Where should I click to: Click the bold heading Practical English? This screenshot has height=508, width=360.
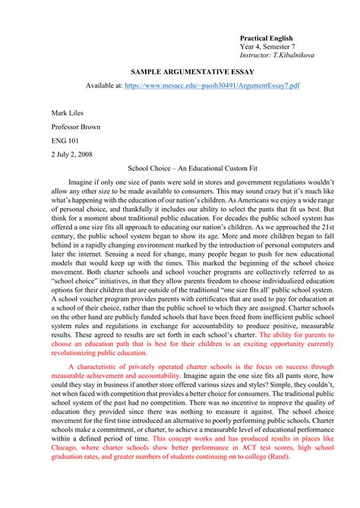pos(266,38)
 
